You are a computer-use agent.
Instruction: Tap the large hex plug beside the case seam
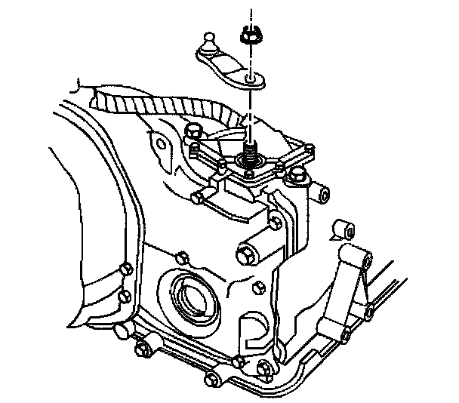pyautogui.click(x=248, y=256)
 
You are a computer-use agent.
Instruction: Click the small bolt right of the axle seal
pyautogui.click(x=259, y=287)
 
